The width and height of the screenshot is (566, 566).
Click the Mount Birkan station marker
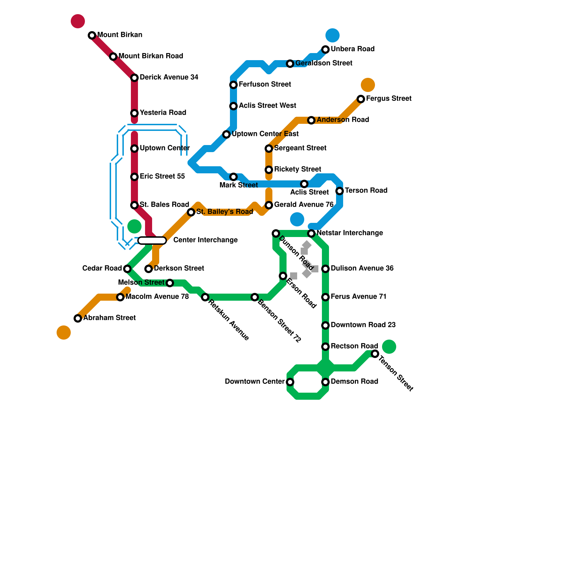coord(92,35)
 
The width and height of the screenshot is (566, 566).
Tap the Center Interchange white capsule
coord(152,241)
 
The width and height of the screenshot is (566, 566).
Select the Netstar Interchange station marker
coord(311,233)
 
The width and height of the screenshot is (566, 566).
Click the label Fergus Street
coord(389,98)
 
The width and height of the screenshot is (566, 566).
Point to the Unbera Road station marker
coord(325,50)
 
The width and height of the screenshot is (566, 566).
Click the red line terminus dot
coord(78,21)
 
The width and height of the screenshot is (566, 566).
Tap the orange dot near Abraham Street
coord(64,333)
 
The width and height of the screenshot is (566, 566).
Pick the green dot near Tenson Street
coord(389,347)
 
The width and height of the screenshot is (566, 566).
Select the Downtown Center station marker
coord(290,382)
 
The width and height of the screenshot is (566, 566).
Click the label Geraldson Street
coord(324,63)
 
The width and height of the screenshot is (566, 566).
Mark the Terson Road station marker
coord(340,191)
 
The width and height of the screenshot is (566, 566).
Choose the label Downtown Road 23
coord(363,325)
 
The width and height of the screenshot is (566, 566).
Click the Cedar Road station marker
coord(127,269)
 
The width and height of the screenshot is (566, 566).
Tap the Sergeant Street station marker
coord(269,149)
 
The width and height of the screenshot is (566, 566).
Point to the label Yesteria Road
coord(163,112)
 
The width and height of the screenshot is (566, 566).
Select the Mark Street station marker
coord(233,177)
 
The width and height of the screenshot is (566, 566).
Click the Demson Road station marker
coord(325,382)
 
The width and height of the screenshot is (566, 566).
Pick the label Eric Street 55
coord(162,176)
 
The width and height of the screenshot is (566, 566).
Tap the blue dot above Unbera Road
coord(333,35)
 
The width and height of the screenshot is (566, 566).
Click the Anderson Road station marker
coord(311,120)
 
